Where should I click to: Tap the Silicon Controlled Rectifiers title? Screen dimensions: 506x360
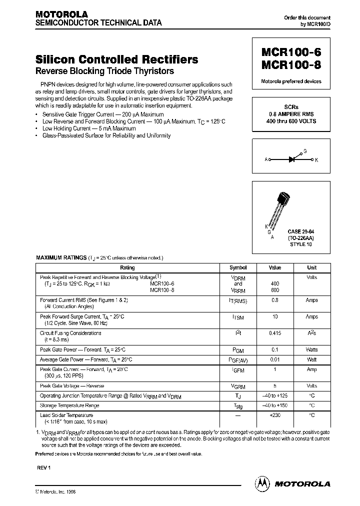coord(116,59)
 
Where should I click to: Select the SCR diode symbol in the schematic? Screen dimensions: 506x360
coord(292,159)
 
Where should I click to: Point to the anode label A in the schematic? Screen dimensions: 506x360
coord(266,160)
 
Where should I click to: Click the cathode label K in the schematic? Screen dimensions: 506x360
coord(316,160)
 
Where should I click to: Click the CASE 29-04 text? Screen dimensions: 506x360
coord(301,232)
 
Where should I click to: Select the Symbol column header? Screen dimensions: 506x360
coord(238,267)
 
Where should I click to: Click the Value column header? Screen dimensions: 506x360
coord(275,267)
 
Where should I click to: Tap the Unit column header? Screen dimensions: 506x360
coord(311,267)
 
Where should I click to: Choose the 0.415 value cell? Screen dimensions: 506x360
coord(275,333)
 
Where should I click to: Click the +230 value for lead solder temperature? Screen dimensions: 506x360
coord(275,415)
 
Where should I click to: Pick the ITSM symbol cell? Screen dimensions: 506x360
coord(238,317)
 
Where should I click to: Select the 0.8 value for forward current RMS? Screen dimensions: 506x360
coord(275,300)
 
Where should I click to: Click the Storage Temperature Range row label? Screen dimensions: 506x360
coord(69,405)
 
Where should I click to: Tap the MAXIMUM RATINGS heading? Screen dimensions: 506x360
coord(60,257)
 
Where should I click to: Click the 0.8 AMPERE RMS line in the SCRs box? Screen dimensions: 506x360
coord(291,114)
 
